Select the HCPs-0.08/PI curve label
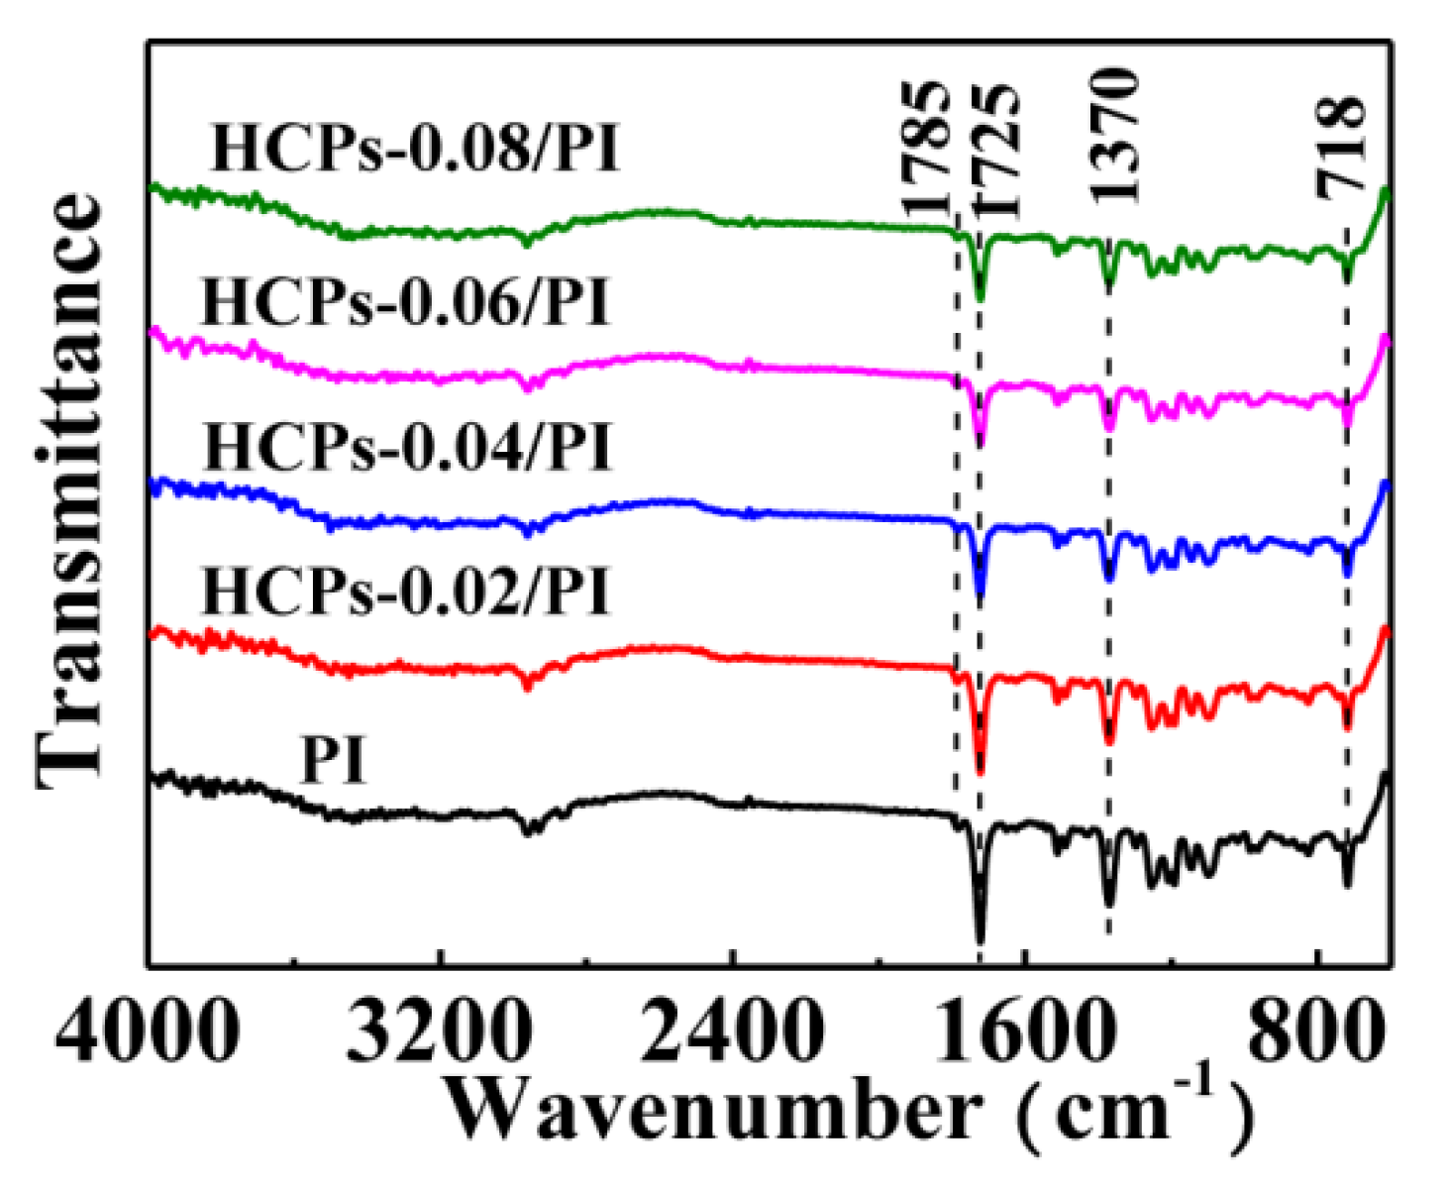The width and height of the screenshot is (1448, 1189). tap(415, 150)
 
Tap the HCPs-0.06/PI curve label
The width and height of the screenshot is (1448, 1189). tap(405, 302)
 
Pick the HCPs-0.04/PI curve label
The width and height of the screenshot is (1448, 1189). tap(407, 447)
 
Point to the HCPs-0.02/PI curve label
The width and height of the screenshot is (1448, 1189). tap(405, 592)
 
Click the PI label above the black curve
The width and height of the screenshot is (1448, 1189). tap(334, 762)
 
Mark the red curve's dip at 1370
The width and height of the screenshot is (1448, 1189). tap(1108, 737)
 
